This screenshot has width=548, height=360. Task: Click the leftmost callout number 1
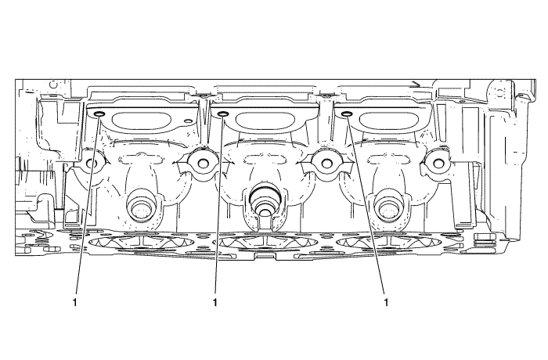click(74, 302)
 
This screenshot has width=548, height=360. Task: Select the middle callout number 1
click(215, 302)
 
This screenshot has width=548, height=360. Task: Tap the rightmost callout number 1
click(386, 302)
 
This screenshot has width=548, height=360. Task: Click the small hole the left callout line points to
click(99, 113)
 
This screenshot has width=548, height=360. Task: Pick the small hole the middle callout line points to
click(222, 113)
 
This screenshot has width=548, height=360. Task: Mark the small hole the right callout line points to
click(346, 113)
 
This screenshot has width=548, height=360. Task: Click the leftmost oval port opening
click(140, 121)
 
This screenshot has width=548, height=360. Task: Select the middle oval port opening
click(265, 121)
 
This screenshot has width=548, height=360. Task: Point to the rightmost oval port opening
click(386, 121)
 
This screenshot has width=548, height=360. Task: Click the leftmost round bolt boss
click(92, 163)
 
